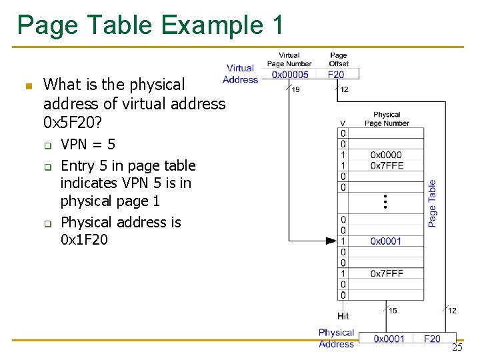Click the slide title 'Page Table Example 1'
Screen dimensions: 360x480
click(151, 25)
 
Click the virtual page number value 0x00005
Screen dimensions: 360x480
click(290, 75)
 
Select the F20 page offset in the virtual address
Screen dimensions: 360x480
click(337, 75)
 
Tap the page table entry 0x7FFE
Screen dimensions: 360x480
click(387, 165)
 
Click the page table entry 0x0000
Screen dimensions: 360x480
click(387, 155)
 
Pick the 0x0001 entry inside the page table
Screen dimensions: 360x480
click(386, 241)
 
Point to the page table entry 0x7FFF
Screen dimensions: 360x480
click(387, 273)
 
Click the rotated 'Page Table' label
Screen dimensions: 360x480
click(432, 203)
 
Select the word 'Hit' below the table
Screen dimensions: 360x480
click(343, 316)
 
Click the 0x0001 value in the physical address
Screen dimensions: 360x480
click(389, 339)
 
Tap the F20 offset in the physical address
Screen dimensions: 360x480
click(432, 339)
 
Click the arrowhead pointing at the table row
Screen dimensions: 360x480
click(331, 241)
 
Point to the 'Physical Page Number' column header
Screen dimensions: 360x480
click(387, 119)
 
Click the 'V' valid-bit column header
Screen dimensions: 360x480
click(343, 123)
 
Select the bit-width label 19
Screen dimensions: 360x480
click(295, 89)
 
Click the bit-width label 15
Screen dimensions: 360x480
click(393, 311)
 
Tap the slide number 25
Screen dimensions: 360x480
click(457, 347)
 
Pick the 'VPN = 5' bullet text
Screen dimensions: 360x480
click(88, 144)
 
